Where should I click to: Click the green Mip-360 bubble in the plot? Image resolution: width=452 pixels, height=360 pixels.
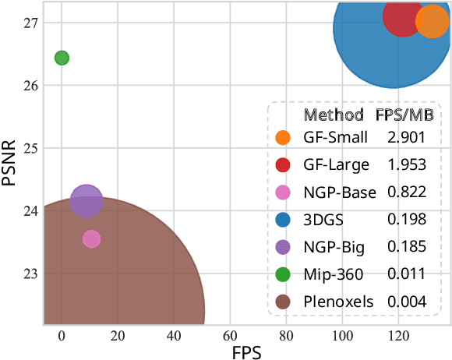62,58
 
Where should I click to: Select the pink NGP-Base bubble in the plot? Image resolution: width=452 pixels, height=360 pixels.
91,239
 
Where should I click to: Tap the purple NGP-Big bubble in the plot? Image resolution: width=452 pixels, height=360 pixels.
87,201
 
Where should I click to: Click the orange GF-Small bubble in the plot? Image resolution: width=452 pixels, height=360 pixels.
431,23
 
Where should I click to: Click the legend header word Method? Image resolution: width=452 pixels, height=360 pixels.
334,115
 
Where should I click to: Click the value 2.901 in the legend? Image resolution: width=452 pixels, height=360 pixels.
406,138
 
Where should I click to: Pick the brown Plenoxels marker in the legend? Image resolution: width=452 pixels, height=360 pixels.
283,302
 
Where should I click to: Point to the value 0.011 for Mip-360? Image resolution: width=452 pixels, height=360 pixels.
406,274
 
